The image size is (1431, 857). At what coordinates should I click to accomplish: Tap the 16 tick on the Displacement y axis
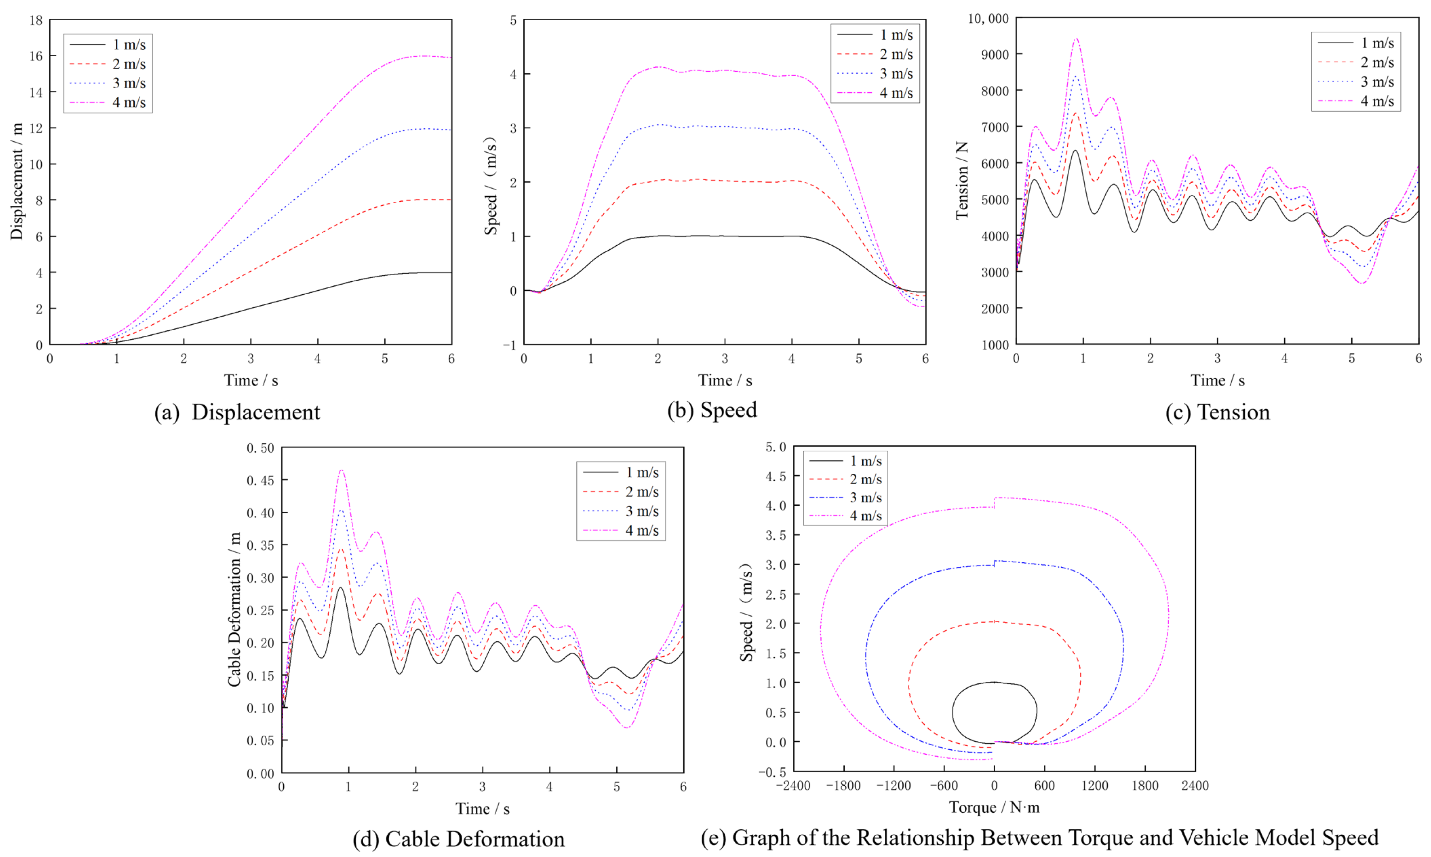coord(36,56)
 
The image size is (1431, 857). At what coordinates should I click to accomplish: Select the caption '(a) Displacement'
coord(237,412)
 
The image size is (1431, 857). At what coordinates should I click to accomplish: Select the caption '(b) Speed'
coord(712,410)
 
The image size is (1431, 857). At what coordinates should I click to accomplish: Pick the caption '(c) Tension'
coord(1217,412)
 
